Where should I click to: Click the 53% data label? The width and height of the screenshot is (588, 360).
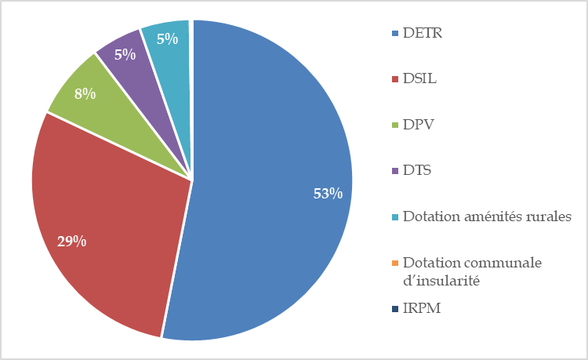pyautogui.click(x=328, y=194)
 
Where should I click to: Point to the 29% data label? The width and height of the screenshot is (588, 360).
pyautogui.click(x=71, y=241)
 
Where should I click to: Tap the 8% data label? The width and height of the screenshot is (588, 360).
pyautogui.click(x=85, y=94)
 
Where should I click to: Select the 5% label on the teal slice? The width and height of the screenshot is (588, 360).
pyautogui.click(x=165, y=37)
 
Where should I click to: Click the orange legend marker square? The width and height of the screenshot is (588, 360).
pyautogui.click(x=395, y=262)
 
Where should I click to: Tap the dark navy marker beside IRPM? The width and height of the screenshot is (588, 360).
pyautogui.click(x=395, y=308)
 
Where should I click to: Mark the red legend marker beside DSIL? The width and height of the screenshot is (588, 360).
pyautogui.click(x=395, y=79)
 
